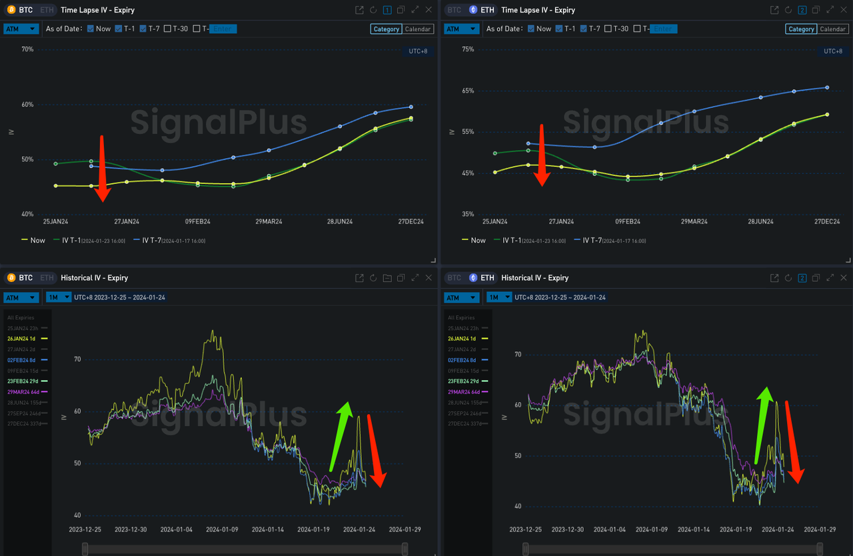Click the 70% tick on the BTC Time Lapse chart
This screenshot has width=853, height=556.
27,49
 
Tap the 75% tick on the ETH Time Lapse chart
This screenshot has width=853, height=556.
468,49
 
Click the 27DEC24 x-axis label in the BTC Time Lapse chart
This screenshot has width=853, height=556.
411,222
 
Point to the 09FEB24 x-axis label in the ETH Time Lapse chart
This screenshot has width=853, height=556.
627,222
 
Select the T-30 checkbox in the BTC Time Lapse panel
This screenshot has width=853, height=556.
167,29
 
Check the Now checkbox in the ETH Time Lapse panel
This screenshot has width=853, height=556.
531,29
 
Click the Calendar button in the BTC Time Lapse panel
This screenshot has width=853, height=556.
418,29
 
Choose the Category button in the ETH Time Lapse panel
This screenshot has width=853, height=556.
801,29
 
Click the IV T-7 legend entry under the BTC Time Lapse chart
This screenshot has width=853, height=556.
169,240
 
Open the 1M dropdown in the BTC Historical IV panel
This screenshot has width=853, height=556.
59,297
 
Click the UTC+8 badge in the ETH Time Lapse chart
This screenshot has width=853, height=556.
833,51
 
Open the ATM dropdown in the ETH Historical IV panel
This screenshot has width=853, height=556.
462,297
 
